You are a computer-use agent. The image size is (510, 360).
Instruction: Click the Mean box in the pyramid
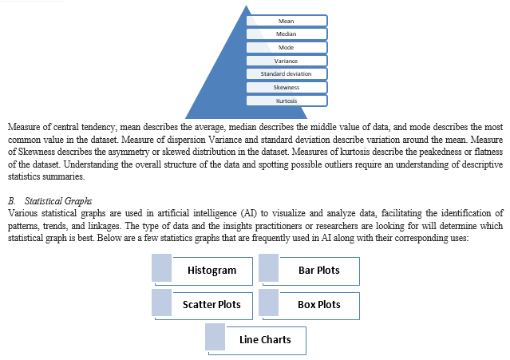pos(287,21)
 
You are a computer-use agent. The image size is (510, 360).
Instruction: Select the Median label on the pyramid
pos(287,34)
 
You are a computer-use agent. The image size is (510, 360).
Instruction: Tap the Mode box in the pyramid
pos(287,47)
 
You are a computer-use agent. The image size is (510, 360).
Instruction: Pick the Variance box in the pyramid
pos(287,61)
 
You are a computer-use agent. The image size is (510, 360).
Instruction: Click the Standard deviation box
pos(287,73)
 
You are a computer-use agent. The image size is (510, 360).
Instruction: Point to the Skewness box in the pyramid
pos(287,87)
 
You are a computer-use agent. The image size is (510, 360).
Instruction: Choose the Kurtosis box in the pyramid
pos(287,101)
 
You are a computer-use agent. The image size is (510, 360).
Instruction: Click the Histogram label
pos(212,271)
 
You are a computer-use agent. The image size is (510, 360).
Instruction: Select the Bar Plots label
pos(319,271)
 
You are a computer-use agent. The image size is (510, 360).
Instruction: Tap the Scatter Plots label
pos(212,305)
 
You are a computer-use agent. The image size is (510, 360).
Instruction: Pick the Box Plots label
pos(319,305)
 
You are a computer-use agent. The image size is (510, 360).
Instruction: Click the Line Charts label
pos(265,339)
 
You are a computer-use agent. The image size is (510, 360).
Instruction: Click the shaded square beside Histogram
pos(162,268)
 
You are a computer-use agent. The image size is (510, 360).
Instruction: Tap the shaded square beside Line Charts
pos(215,337)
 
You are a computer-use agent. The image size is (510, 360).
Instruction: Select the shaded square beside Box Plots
pos(269,303)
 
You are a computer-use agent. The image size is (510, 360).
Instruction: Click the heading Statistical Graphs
pos(58,201)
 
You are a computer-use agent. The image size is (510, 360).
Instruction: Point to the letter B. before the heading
pos(12,201)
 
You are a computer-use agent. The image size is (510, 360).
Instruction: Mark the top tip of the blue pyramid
pos(246,6)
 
